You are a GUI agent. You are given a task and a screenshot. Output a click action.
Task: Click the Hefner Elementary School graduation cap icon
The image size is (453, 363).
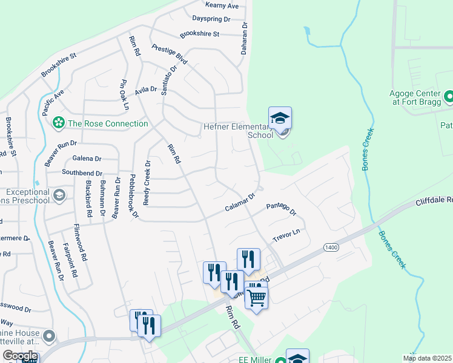[x=280, y=117]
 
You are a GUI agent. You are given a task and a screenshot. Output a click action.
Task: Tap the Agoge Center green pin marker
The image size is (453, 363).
[x=449, y=96]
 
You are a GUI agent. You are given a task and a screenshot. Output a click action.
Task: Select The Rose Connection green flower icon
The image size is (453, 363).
[x=59, y=123]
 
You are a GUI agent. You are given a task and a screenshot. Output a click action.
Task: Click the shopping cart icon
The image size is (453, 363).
[x=256, y=296]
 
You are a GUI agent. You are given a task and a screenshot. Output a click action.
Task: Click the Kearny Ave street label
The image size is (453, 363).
[x=223, y=5]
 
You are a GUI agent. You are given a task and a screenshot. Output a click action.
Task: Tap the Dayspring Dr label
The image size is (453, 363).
[x=211, y=19]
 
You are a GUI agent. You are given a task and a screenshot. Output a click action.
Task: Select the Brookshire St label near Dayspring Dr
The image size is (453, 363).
[x=199, y=34]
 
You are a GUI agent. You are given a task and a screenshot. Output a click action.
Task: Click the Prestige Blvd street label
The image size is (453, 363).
[x=170, y=55]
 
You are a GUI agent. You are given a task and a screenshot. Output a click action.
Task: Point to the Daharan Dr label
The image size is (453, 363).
[x=245, y=39]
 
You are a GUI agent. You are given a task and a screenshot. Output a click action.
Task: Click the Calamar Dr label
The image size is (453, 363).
[x=242, y=203]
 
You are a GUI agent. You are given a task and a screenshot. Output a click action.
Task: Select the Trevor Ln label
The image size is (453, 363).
[x=286, y=235]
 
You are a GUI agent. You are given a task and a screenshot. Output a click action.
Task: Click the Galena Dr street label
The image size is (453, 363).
[x=87, y=159]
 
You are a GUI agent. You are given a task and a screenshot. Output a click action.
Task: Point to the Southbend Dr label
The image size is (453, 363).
[x=82, y=172]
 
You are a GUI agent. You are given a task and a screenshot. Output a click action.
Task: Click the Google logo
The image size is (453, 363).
[x=20, y=356]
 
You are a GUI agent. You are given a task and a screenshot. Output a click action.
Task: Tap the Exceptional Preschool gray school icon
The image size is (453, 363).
[x=59, y=195]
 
